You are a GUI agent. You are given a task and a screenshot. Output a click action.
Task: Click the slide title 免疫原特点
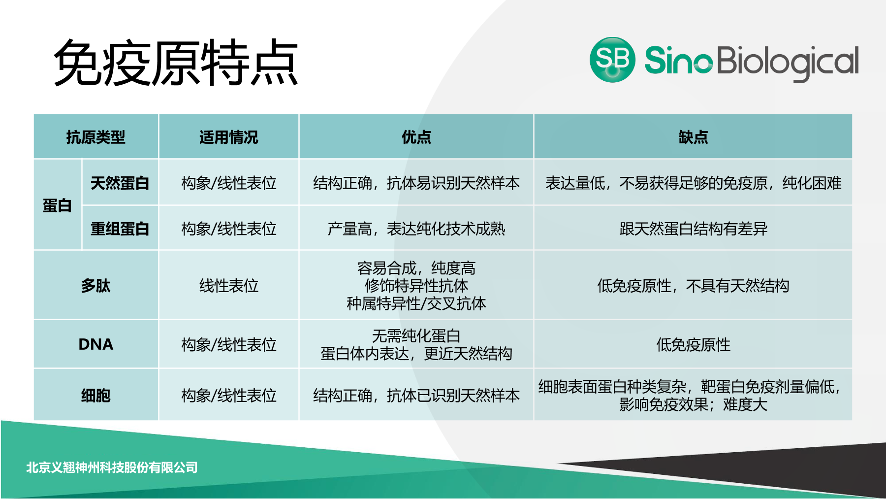[176, 63]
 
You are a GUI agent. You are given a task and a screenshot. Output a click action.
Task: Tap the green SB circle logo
[612, 60]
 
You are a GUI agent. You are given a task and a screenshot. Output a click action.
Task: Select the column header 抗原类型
[96, 137]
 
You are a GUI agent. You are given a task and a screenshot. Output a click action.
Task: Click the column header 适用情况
[229, 137]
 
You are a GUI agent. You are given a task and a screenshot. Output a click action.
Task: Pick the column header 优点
[416, 137]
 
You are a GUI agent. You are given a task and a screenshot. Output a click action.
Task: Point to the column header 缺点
[693, 137]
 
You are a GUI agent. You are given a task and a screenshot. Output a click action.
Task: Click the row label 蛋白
[57, 205]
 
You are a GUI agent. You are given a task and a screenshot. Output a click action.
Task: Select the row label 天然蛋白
[120, 183]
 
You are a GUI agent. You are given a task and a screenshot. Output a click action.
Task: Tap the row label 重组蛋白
[120, 229]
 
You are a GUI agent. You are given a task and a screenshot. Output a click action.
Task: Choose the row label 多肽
[96, 286]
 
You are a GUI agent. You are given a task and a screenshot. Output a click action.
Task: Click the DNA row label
[96, 344]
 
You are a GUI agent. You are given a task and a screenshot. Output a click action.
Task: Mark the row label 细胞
[96, 396]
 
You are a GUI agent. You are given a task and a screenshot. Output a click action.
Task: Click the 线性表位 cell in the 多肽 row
[229, 286]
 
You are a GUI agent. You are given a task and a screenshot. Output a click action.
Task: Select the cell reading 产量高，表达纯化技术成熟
[416, 229]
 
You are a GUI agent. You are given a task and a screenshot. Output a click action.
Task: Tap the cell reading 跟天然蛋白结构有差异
[693, 229]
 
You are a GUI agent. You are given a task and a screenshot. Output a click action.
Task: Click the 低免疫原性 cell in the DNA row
[693, 345]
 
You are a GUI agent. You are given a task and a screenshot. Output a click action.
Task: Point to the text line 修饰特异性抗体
[416, 286]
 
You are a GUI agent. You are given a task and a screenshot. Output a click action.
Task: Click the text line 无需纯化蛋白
[416, 336]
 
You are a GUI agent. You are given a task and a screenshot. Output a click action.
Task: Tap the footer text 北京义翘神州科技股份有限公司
[112, 467]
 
